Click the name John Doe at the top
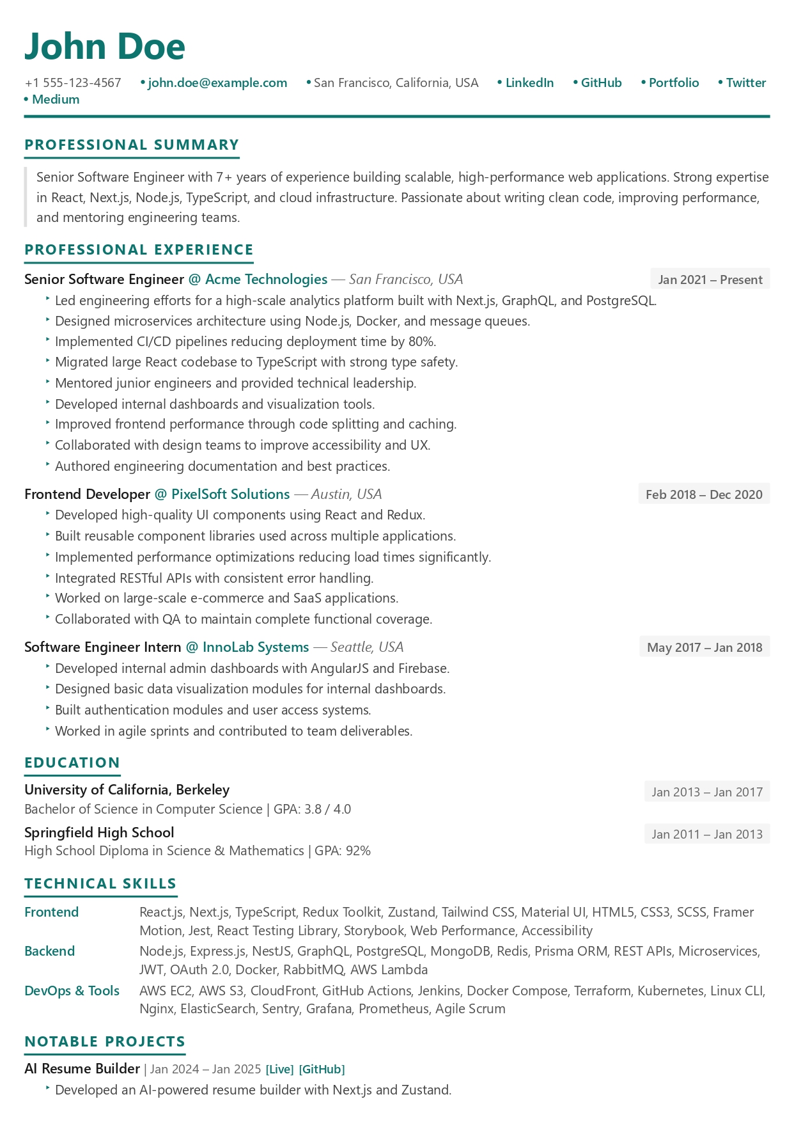(105, 46)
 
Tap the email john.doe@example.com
(217, 83)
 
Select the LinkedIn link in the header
(529, 83)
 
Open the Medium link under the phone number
(56, 99)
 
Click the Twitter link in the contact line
(745, 83)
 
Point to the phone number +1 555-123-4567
(73, 83)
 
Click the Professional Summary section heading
(132, 145)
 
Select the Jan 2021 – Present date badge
(710, 280)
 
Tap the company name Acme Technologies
(266, 279)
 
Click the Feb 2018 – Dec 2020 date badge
(704, 494)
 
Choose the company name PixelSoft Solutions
(230, 494)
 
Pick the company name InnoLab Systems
(255, 647)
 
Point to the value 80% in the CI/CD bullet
(422, 342)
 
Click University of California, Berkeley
(127, 789)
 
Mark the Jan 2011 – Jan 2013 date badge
(707, 834)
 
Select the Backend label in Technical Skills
(50, 951)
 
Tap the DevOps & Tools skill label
(72, 991)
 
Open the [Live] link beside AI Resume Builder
(279, 1070)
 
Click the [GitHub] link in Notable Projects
(322, 1070)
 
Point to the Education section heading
(72, 762)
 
